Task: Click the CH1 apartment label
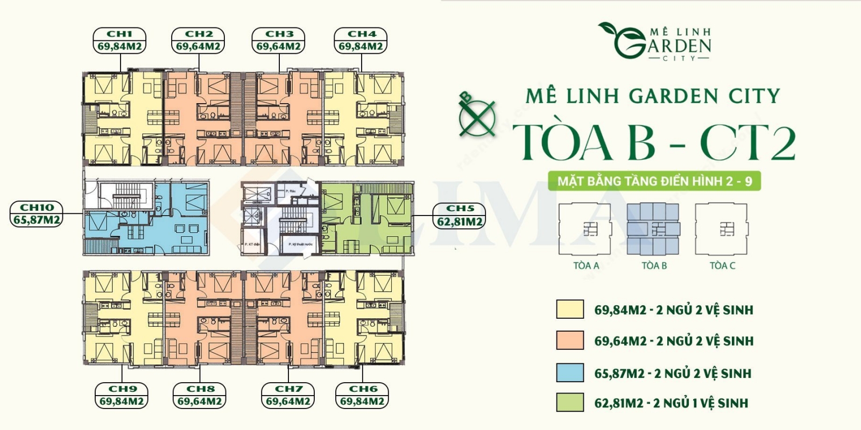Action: click(119, 34)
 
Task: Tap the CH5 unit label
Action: click(460, 209)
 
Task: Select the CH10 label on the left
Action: click(37, 207)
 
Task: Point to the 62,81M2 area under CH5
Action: click(460, 221)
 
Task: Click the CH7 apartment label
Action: click(288, 389)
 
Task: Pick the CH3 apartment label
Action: click(279, 34)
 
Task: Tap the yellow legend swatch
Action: click(570, 310)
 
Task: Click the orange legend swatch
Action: click(570, 340)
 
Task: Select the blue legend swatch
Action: click(570, 372)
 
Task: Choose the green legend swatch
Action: click(570, 403)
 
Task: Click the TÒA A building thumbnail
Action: click(585, 229)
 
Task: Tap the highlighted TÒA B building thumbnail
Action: click(653, 229)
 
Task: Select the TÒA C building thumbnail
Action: click(722, 229)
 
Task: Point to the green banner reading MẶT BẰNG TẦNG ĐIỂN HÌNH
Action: click(654, 181)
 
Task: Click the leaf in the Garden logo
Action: click(611, 30)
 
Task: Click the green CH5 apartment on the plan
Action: click(371, 220)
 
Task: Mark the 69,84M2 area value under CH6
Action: click(362, 401)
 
